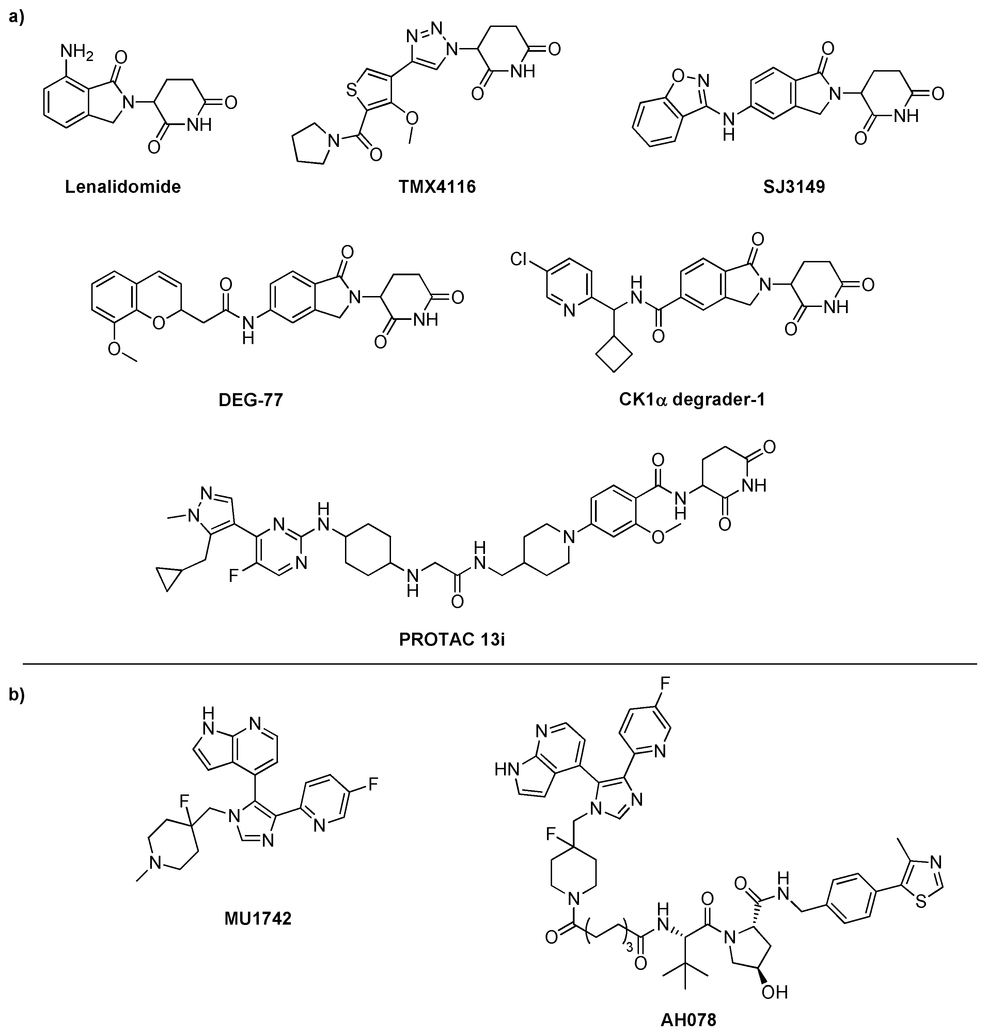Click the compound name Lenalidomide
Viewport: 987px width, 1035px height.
tap(123, 187)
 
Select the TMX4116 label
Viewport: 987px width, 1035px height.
tap(437, 187)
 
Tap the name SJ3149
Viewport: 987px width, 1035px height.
tap(794, 187)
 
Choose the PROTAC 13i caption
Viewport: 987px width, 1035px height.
tap(451, 639)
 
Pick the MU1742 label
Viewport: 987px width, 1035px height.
tap(258, 918)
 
